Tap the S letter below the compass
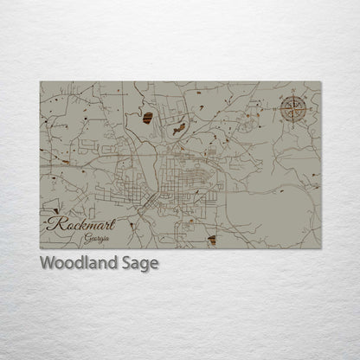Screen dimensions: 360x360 pos(294,125)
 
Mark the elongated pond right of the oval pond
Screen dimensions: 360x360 pos(179,130)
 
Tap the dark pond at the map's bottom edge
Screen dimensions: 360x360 pos(212,239)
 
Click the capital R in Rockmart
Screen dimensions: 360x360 pos(55,222)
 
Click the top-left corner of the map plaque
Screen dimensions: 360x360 pos(40,82)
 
